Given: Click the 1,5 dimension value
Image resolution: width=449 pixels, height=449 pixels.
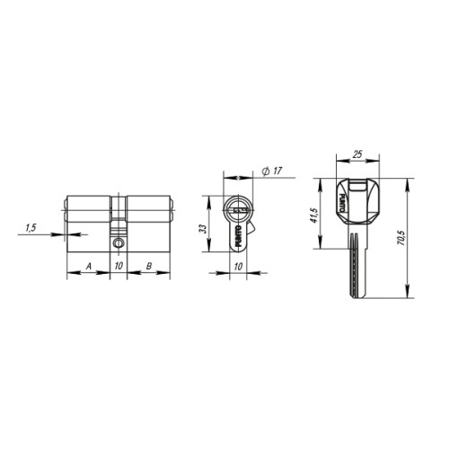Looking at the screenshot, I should click(31, 228).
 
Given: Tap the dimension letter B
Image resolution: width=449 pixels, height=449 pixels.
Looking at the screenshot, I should click(148, 267).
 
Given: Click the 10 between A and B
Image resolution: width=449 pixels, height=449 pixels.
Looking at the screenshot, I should click(119, 267).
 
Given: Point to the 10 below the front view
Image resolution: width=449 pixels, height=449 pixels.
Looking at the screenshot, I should click(238, 267).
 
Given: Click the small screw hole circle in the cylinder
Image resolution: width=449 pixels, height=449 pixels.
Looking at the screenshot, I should click(119, 242).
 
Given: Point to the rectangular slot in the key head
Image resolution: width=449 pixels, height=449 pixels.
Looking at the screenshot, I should click(357, 190).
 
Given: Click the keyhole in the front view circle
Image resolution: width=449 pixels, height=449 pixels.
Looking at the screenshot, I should click(238, 208).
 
